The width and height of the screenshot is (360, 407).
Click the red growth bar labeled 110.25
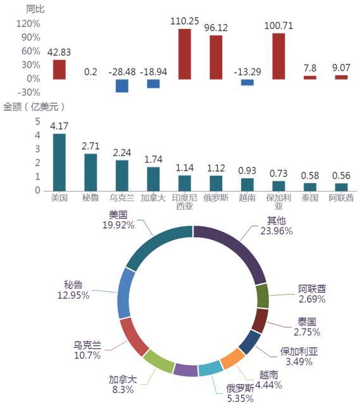[185, 54]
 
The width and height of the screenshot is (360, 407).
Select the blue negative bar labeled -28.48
[122, 86]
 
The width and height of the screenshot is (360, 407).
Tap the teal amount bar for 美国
[59, 162]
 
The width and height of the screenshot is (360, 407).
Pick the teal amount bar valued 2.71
[90, 173]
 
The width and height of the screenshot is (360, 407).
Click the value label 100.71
[278, 26]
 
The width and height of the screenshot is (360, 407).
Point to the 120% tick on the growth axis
[28, 24]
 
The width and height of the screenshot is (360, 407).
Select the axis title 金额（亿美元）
[34, 107]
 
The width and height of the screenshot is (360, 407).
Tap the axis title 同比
[35, 9]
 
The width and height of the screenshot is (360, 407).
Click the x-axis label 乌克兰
[122, 198]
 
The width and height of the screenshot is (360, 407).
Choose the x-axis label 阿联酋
[341, 198]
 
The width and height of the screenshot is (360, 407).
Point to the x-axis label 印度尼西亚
[185, 202]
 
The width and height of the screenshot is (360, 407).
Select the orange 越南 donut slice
[233, 358]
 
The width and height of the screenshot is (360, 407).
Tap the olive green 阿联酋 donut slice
[263, 296]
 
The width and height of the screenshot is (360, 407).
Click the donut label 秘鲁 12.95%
[73, 290]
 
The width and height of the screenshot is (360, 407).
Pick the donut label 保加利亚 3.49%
[299, 356]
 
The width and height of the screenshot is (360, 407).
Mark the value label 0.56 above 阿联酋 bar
[341, 176]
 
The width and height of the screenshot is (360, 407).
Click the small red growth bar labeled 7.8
[310, 77]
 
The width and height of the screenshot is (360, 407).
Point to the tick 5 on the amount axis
[38, 121]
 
